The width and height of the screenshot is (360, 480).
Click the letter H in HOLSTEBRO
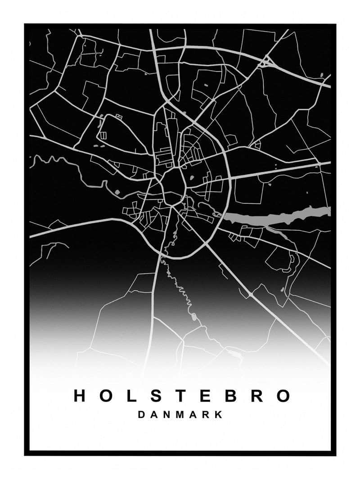coord(80,396)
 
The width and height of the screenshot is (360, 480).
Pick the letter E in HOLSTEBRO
coord(205,396)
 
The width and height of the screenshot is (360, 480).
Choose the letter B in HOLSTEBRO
coord(231,396)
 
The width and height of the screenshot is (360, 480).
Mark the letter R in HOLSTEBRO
coord(257,396)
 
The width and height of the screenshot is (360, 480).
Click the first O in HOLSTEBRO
coord(104,396)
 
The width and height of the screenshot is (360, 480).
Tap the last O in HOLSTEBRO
coord(283,396)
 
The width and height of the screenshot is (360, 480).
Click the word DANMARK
coord(180,415)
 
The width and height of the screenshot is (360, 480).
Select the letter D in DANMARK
coord(141,415)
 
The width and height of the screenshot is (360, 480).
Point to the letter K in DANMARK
coord(219,415)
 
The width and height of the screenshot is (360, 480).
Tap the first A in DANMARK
coord(154,415)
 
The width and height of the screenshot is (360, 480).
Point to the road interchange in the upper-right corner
coord(267,61)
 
